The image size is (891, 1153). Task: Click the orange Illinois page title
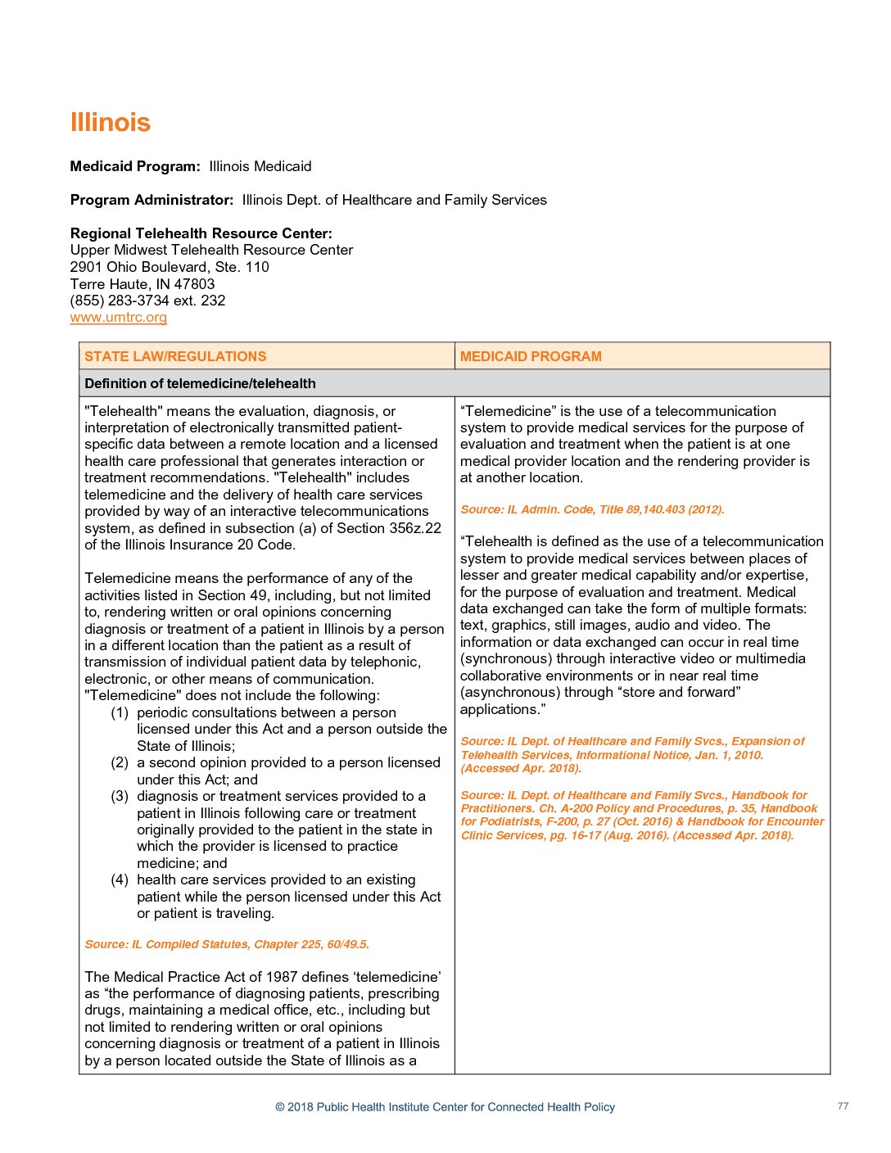111,123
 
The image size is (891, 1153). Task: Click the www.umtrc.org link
119,318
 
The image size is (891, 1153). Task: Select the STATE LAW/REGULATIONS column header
175,356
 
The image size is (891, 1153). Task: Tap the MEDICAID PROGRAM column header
531,356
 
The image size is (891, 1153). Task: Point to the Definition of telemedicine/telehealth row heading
200,383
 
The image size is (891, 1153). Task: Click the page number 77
843,1106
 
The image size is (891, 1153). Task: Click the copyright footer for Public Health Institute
445,1107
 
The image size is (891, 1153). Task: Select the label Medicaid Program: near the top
135,166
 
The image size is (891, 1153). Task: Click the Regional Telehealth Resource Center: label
201,233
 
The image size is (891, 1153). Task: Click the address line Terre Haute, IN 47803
142,284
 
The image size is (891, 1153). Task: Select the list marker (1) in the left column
120,712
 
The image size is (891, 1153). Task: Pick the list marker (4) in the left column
120,879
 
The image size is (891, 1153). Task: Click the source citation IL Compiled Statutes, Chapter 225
227,944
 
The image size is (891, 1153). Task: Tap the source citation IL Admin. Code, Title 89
592,509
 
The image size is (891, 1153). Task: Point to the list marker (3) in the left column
120,796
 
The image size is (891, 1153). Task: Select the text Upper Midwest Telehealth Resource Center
211,250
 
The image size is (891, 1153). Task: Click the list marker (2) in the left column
120,762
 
